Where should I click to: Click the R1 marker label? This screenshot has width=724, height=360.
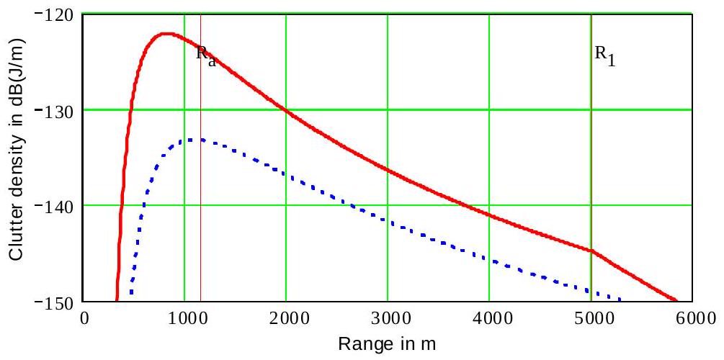pos(605,56)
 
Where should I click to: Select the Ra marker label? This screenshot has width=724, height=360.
pos(206,56)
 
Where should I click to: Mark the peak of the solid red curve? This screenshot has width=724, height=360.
pos(166,33)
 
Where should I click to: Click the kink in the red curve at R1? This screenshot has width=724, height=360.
pos(591,251)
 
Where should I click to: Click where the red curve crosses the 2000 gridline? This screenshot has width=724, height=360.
pos(286,110)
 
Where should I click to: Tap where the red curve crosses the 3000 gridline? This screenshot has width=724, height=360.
pos(388,170)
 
